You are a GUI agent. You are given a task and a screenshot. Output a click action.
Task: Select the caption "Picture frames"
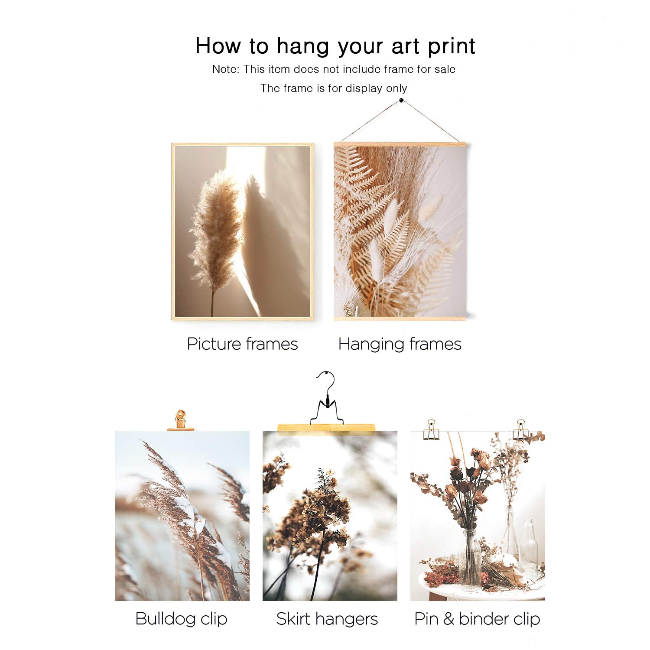click(x=242, y=344)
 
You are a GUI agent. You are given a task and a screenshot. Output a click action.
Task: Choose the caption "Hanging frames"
click(x=400, y=344)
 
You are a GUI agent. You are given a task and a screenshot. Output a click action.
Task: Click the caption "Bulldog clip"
click(x=181, y=619)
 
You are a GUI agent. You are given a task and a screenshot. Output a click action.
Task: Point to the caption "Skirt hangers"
click(x=327, y=619)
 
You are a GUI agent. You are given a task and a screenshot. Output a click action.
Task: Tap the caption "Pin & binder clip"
click(x=477, y=619)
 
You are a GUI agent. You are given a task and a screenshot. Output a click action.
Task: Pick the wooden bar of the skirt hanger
click(x=326, y=429)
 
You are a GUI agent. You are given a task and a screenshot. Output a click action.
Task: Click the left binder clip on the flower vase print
click(x=431, y=430)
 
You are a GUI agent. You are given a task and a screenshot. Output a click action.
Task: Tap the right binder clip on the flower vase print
click(x=520, y=430)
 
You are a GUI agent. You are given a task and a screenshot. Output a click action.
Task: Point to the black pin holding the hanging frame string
click(x=401, y=101)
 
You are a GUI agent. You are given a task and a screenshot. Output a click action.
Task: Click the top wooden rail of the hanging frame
click(x=400, y=144)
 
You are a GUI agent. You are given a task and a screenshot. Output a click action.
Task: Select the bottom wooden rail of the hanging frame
click(x=400, y=318)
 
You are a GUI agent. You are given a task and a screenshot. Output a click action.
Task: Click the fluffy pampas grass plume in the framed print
click(x=215, y=230)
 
